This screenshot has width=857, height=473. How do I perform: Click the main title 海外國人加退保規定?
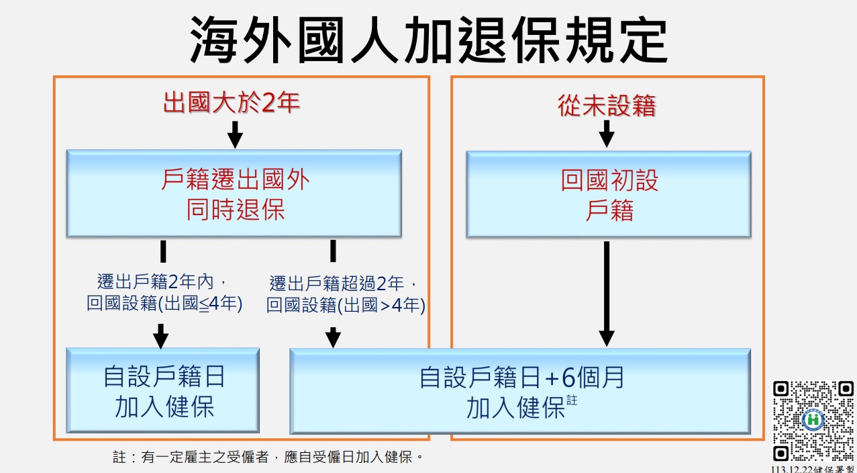pos(428,40)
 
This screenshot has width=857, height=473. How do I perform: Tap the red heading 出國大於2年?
pos(232,103)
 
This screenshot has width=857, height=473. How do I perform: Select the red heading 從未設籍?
pos(607,105)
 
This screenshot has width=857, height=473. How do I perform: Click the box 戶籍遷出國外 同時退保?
pos(234,193)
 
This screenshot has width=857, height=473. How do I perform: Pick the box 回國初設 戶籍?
pos(609,194)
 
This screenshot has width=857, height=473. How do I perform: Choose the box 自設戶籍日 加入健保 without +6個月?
pos(163,390)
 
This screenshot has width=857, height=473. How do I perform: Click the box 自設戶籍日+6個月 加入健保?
pos(520,391)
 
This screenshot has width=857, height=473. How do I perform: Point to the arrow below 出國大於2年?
pos(235,135)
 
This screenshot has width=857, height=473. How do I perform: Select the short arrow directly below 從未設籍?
pos(607,134)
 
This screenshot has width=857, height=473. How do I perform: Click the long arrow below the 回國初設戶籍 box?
pos(607,294)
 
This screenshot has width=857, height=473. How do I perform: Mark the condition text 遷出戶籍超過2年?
pos(337,284)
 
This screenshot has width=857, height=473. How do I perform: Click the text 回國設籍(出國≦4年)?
pos(164,304)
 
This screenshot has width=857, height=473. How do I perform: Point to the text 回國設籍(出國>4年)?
pos(346,306)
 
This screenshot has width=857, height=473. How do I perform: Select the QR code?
pos(813,421)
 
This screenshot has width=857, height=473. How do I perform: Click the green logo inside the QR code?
pos(813,420)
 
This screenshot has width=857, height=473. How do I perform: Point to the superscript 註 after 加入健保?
pos(572,400)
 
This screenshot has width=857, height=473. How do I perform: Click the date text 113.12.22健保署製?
pos(813,469)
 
